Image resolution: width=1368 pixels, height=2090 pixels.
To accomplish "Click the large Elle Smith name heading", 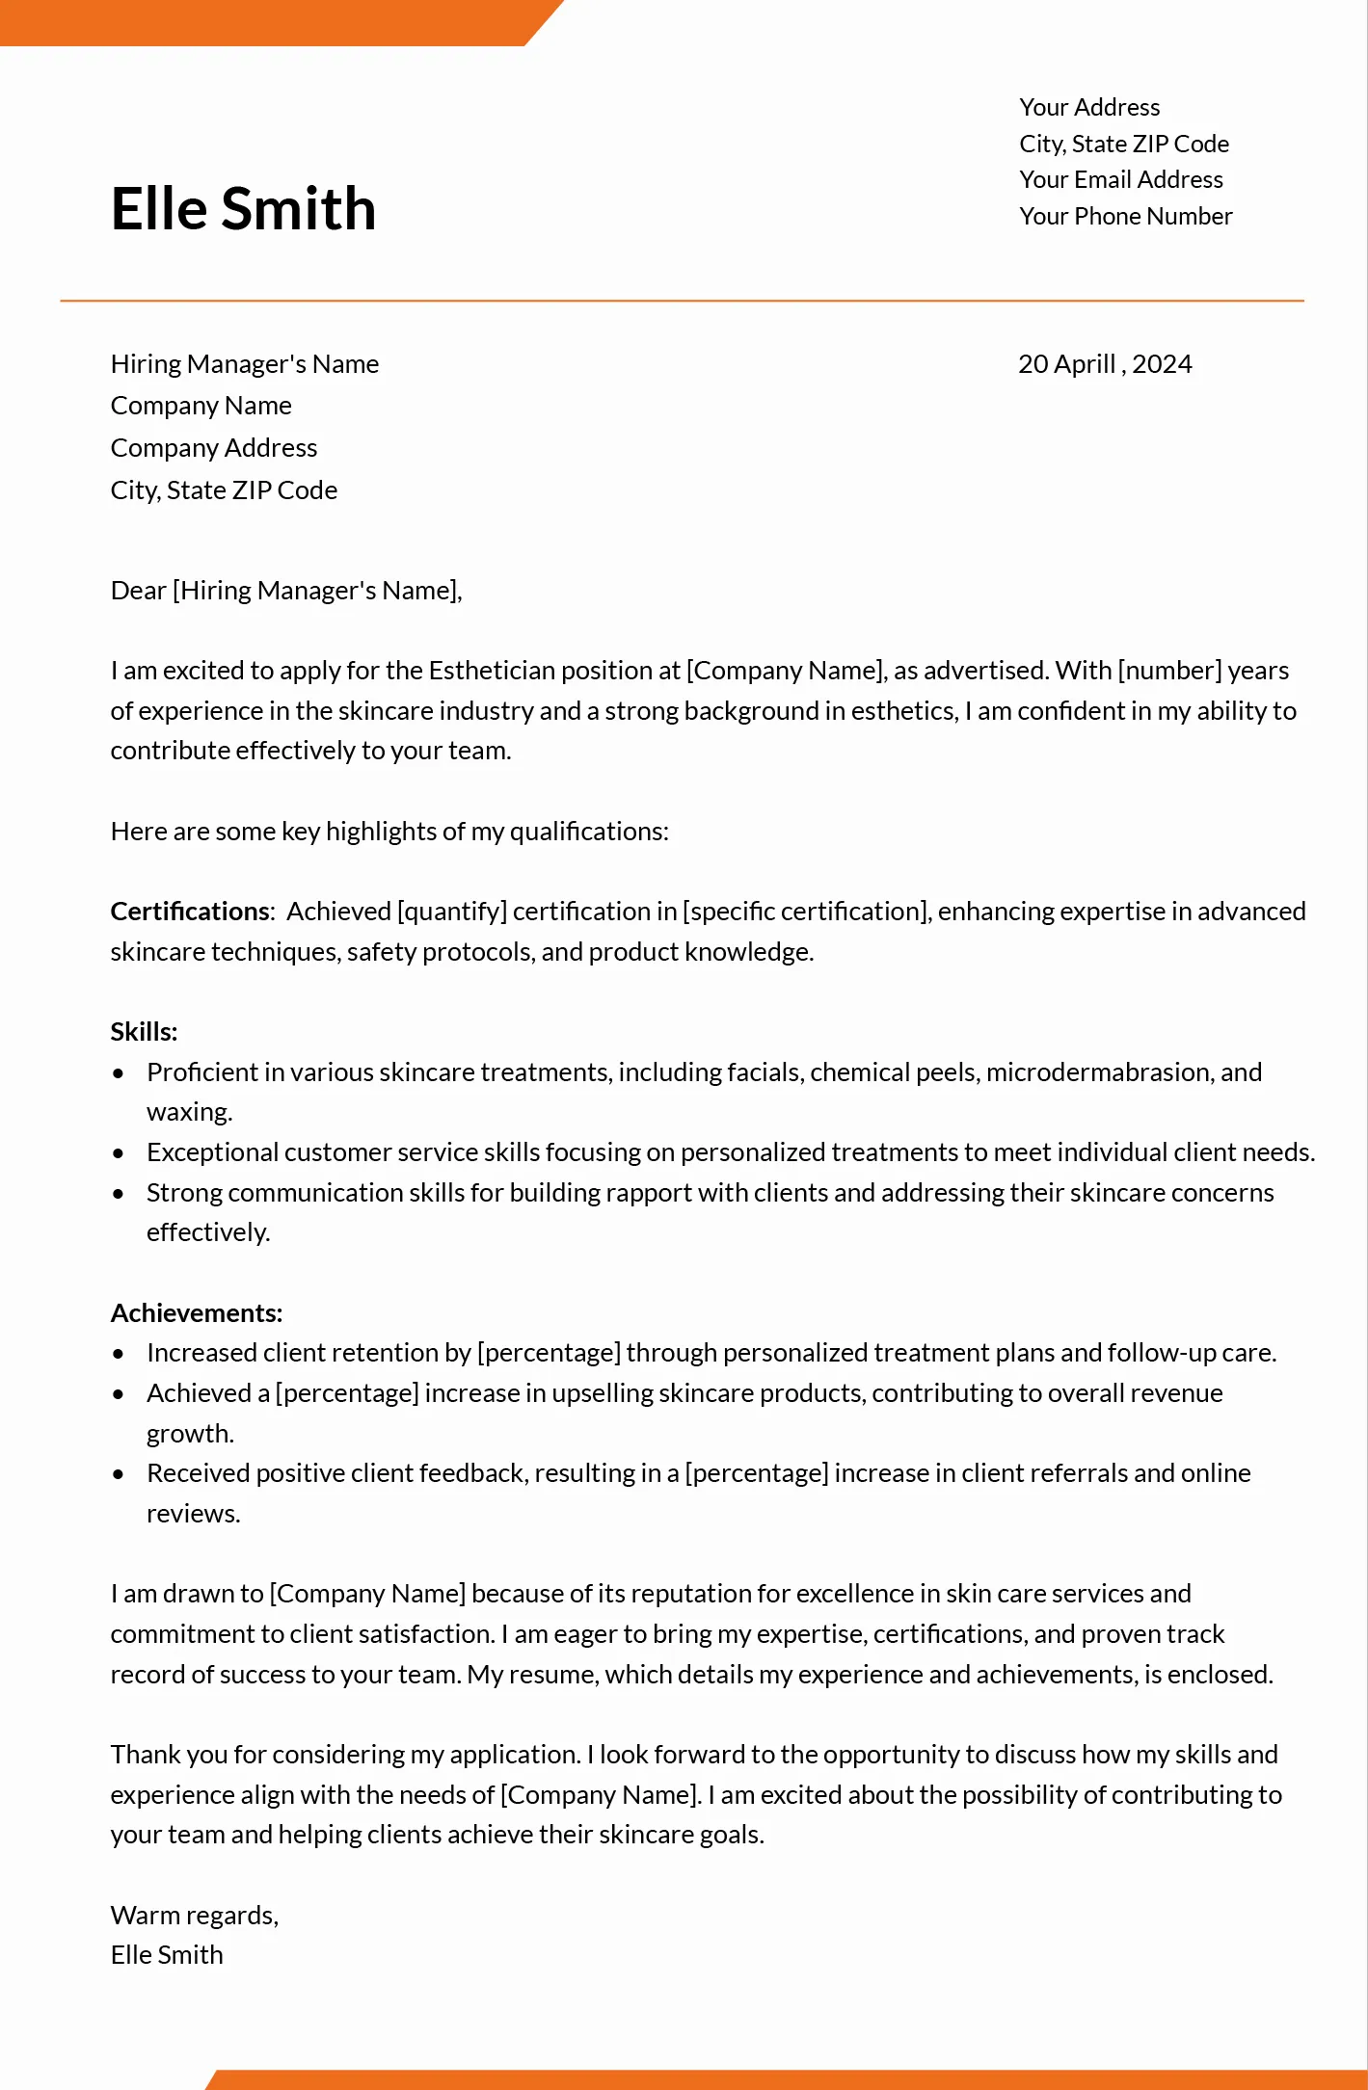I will pyautogui.click(x=243, y=209).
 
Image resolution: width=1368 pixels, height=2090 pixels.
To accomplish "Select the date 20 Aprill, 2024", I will pyautogui.click(x=1105, y=364).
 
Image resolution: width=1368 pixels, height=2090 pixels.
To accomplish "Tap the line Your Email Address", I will pyautogui.click(x=1120, y=180).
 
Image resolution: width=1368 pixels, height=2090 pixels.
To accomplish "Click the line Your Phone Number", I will pyautogui.click(x=1125, y=217).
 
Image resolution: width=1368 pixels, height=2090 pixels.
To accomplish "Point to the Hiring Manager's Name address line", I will pyautogui.click(x=244, y=364).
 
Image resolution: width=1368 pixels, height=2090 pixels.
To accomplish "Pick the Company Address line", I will pyautogui.click(x=213, y=448).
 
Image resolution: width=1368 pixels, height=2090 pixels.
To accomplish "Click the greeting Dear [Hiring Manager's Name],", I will pyautogui.click(x=286, y=591).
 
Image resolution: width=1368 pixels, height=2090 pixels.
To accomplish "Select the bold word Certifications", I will pyautogui.click(x=191, y=912).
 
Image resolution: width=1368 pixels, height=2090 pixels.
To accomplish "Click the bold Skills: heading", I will pyautogui.click(x=144, y=1032).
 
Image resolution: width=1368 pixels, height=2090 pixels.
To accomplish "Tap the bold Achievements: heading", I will pyautogui.click(x=197, y=1313).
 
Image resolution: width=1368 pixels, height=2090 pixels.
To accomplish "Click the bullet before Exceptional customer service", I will pyautogui.click(x=119, y=1153).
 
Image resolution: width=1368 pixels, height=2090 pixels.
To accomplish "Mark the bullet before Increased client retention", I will pyautogui.click(x=119, y=1354).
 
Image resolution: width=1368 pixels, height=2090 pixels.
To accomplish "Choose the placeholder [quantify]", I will pyautogui.click(x=451, y=912).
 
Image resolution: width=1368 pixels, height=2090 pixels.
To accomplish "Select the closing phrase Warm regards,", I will pyautogui.click(x=195, y=1916).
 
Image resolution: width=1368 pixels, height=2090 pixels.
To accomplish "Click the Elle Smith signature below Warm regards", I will pyautogui.click(x=167, y=1955).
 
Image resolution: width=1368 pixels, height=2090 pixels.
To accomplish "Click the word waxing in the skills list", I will pyautogui.click(x=188, y=1113).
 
